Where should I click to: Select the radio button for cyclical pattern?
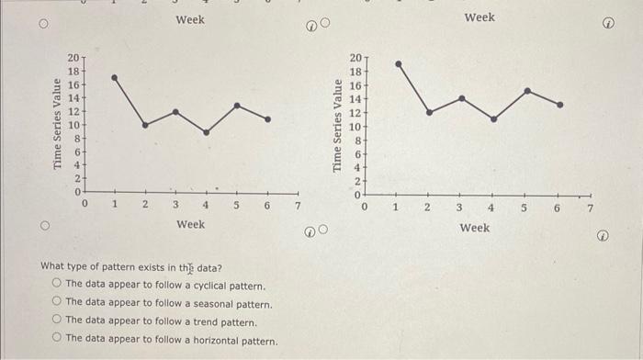pyautogui.click(x=58, y=285)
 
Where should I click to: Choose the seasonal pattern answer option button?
pyautogui.click(x=58, y=303)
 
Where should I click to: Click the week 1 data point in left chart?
pyautogui.click(x=114, y=77)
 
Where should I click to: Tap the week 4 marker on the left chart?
pyautogui.click(x=206, y=132)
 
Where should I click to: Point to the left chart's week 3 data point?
pyautogui.click(x=175, y=111)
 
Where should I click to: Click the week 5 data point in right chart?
pyautogui.click(x=526, y=90)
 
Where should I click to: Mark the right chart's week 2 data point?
pyautogui.click(x=429, y=112)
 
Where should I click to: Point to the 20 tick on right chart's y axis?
pyautogui.click(x=356, y=58)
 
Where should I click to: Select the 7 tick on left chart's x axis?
pyautogui.click(x=297, y=206)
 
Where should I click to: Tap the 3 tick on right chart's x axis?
pyautogui.click(x=459, y=208)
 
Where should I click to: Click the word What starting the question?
pyautogui.click(x=53, y=267)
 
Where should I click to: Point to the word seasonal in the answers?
pyautogui.click(x=208, y=304)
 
